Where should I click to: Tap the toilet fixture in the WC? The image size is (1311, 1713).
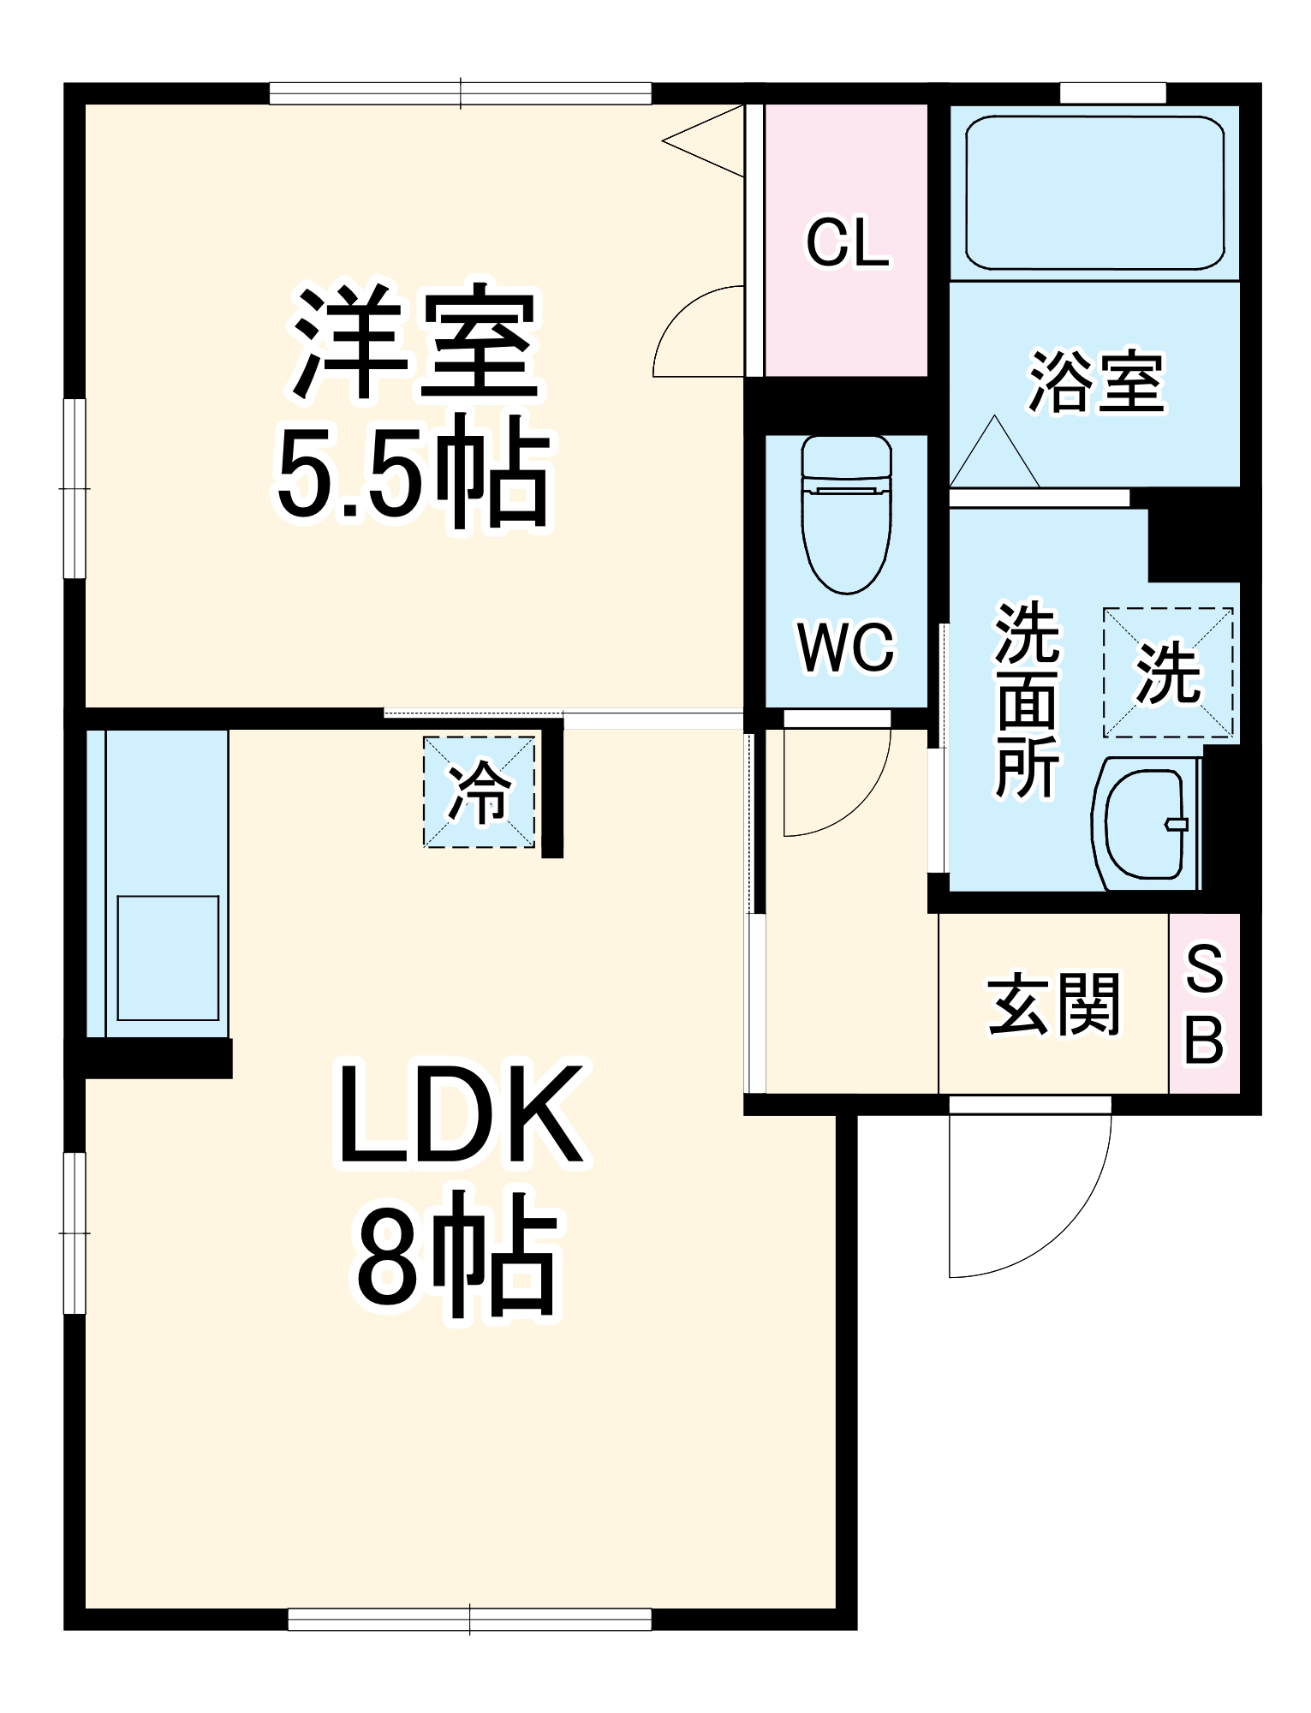point(846,514)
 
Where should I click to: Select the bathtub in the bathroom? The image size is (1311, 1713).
point(1094,194)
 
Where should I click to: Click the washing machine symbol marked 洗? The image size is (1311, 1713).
point(1168,672)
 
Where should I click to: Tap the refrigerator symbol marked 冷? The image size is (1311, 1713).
point(480,792)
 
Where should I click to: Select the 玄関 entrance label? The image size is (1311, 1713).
point(1054,1005)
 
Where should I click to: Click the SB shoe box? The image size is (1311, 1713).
point(1204,1004)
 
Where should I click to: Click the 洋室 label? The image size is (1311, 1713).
point(414,343)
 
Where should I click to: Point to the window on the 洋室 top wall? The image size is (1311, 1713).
point(461,93)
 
